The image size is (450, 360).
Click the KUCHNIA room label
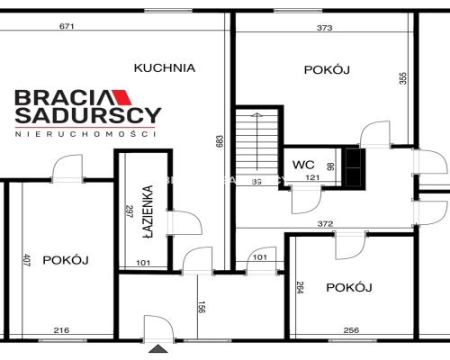[165, 67]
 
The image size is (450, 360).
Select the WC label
[301, 165]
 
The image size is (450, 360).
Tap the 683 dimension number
[218, 142]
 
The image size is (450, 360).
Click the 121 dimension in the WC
[312, 179]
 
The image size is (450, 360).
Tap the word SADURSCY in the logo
[87, 115]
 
